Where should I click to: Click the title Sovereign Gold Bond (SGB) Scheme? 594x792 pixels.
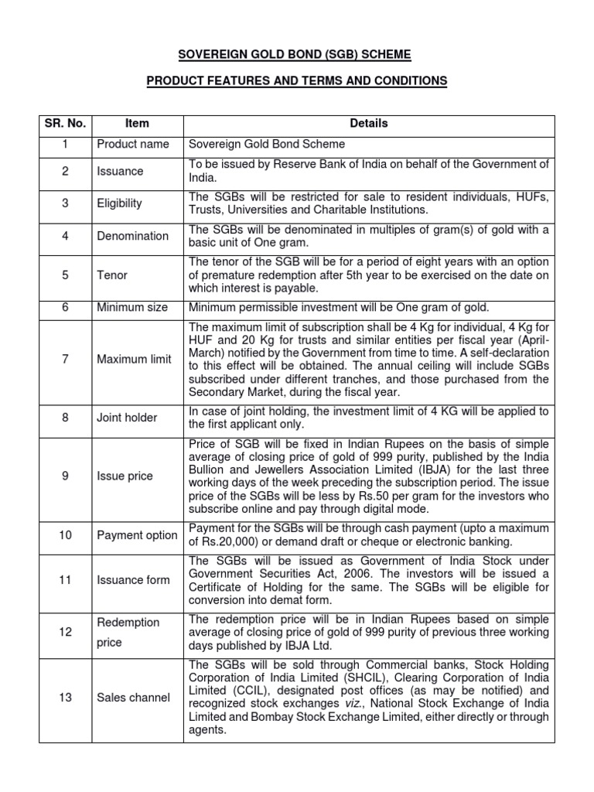coord(297,54)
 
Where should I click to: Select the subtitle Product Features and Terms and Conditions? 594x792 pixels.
coord(297,80)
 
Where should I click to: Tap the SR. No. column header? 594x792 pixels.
coord(66,123)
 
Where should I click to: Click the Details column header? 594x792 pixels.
coord(369,123)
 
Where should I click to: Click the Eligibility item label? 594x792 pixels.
coord(119,203)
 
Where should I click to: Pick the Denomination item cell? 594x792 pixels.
coord(132,236)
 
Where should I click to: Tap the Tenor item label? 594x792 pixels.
coord(112,275)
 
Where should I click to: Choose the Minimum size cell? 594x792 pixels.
coord(132,307)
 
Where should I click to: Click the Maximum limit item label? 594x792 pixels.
coord(135,359)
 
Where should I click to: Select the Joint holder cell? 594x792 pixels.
coord(127,418)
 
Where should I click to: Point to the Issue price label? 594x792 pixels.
coord(125,476)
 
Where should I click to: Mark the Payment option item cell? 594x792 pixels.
coord(137,535)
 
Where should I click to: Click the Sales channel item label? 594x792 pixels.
coord(133,698)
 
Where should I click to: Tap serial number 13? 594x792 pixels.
coord(66,698)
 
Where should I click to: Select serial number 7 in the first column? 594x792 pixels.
coord(66,359)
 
